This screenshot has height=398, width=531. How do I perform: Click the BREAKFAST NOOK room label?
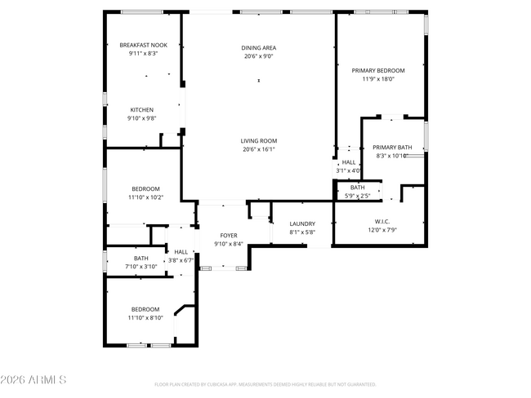[143, 45]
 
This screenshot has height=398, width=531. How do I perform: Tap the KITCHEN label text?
[141, 109]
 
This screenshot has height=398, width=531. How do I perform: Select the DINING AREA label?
[259, 47]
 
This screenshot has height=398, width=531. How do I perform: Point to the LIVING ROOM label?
[259, 140]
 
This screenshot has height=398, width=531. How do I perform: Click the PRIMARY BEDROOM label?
[377, 70]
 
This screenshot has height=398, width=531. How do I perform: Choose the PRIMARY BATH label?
[393, 147]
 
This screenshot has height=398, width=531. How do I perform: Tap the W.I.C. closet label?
[382, 221]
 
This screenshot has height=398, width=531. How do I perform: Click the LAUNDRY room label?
[302, 223]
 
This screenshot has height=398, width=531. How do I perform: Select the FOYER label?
[228, 235]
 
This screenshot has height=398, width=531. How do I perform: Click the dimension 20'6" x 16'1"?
[259, 149]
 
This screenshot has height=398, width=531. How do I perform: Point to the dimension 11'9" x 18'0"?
[377, 79]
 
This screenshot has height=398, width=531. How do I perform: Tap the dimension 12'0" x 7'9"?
[382, 230]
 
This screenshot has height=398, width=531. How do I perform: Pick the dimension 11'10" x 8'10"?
[145, 318]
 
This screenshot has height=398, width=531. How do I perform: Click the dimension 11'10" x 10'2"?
[145, 197]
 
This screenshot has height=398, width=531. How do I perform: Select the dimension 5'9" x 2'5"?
[358, 196]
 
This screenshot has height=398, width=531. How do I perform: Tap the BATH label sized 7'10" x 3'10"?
[141, 259]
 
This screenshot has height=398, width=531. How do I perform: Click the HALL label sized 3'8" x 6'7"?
[181, 252]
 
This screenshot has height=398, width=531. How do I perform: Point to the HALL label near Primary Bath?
[349, 162]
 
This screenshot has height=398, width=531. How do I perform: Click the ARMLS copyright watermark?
[33, 380]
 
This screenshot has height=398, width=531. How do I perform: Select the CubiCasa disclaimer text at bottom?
[265, 384]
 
